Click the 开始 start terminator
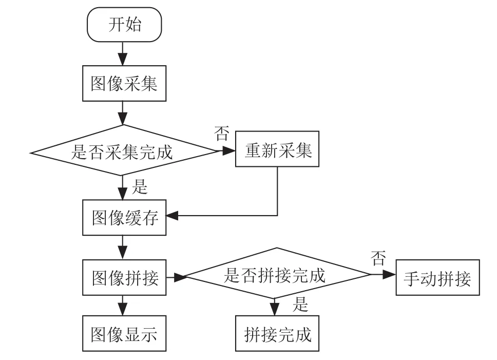(x=124, y=25)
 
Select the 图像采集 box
(x=124, y=83)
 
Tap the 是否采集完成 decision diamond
(x=124, y=150)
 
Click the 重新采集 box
(x=277, y=148)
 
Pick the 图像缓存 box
(x=124, y=217)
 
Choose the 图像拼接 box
(x=124, y=278)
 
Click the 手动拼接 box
(x=438, y=278)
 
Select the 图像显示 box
(x=124, y=333)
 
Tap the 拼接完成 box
(x=277, y=333)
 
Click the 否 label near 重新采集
(x=222, y=133)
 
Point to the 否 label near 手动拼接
(x=378, y=258)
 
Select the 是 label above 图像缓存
(x=140, y=186)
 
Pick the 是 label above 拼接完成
(x=300, y=304)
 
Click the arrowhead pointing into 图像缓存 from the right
(x=172, y=216)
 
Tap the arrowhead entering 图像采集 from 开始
(x=122, y=59)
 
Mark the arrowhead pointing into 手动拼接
(x=390, y=274)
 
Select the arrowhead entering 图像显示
(x=122, y=309)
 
